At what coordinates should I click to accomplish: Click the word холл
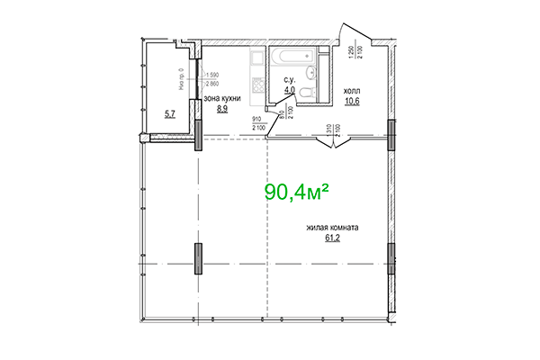[351, 89]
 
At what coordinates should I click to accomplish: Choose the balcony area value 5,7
[170, 113]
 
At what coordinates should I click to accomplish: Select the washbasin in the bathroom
[311, 72]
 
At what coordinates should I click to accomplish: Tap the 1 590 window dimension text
[215, 75]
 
